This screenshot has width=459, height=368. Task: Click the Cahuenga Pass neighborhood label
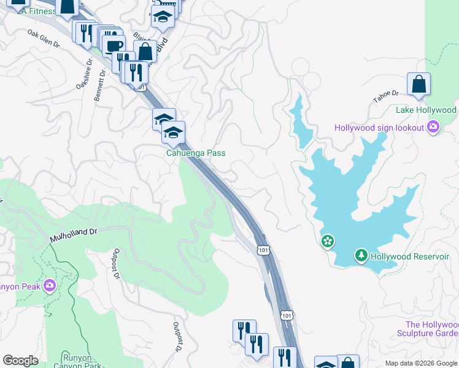(x=196, y=153)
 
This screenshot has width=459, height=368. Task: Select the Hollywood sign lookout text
(x=379, y=128)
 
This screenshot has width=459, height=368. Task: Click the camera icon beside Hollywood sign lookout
(x=434, y=128)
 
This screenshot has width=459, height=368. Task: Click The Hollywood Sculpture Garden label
(x=432, y=329)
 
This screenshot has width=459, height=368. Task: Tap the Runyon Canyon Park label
(x=82, y=361)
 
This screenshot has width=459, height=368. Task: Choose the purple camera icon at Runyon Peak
(x=50, y=285)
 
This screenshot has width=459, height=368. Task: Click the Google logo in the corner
(x=20, y=361)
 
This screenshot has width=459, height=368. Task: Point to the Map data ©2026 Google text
(x=420, y=363)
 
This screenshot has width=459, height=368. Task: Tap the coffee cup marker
(x=114, y=46)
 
